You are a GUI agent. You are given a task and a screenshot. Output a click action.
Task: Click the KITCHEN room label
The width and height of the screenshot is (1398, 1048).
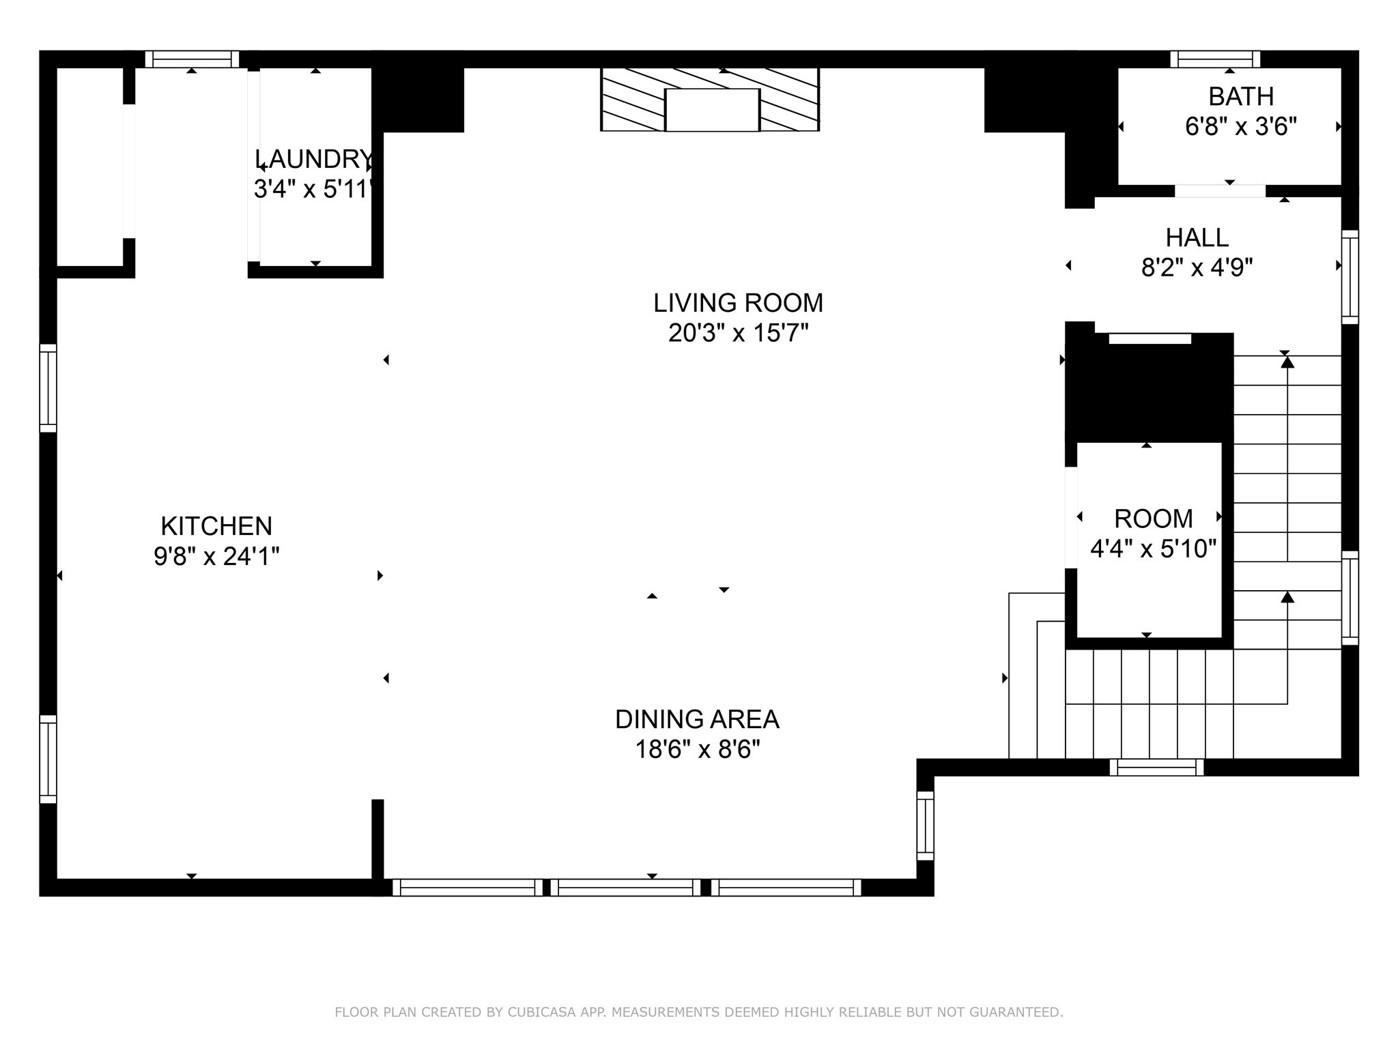(x=216, y=526)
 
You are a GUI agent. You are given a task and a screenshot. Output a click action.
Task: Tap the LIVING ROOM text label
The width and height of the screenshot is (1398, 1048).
(x=738, y=303)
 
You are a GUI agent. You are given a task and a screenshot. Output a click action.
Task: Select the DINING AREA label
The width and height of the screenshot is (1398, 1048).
(x=697, y=719)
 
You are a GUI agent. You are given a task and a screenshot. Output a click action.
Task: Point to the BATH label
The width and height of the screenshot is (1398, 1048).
(x=1241, y=97)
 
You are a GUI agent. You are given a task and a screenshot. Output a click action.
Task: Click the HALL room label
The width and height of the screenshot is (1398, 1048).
(x=1197, y=237)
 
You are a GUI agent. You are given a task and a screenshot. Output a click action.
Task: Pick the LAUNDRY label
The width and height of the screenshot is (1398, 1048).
(x=314, y=159)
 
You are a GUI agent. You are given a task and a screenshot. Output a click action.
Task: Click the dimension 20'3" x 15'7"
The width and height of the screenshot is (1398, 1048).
(x=738, y=333)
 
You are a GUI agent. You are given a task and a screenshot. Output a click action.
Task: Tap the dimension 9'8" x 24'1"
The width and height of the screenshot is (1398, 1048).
(x=216, y=557)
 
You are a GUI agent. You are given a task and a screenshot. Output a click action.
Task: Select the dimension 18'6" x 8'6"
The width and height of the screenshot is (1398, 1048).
(x=697, y=750)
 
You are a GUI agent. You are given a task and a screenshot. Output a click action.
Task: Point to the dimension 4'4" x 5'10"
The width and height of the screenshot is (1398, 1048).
(x=1153, y=549)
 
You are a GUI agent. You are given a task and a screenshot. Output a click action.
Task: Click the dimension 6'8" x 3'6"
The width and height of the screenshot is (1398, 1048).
(x=1241, y=127)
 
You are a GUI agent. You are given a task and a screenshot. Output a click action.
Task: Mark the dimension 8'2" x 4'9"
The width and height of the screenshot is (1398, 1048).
(x=1197, y=267)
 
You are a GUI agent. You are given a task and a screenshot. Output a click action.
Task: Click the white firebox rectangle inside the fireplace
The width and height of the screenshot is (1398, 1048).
(x=712, y=109)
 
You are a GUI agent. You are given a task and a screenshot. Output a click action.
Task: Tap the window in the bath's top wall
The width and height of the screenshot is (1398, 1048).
(x=1215, y=59)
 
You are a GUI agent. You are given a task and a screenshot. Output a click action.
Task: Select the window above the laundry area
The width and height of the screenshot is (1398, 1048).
(x=192, y=59)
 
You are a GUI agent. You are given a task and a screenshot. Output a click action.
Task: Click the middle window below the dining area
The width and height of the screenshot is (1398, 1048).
(x=625, y=888)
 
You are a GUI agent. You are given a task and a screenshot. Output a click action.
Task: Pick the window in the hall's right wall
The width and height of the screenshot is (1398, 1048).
(x=1350, y=277)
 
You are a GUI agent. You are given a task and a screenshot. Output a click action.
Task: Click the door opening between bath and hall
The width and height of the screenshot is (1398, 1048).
(x=1220, y=191)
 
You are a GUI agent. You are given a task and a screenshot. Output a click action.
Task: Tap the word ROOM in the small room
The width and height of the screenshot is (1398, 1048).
(x=1153, y=519)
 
